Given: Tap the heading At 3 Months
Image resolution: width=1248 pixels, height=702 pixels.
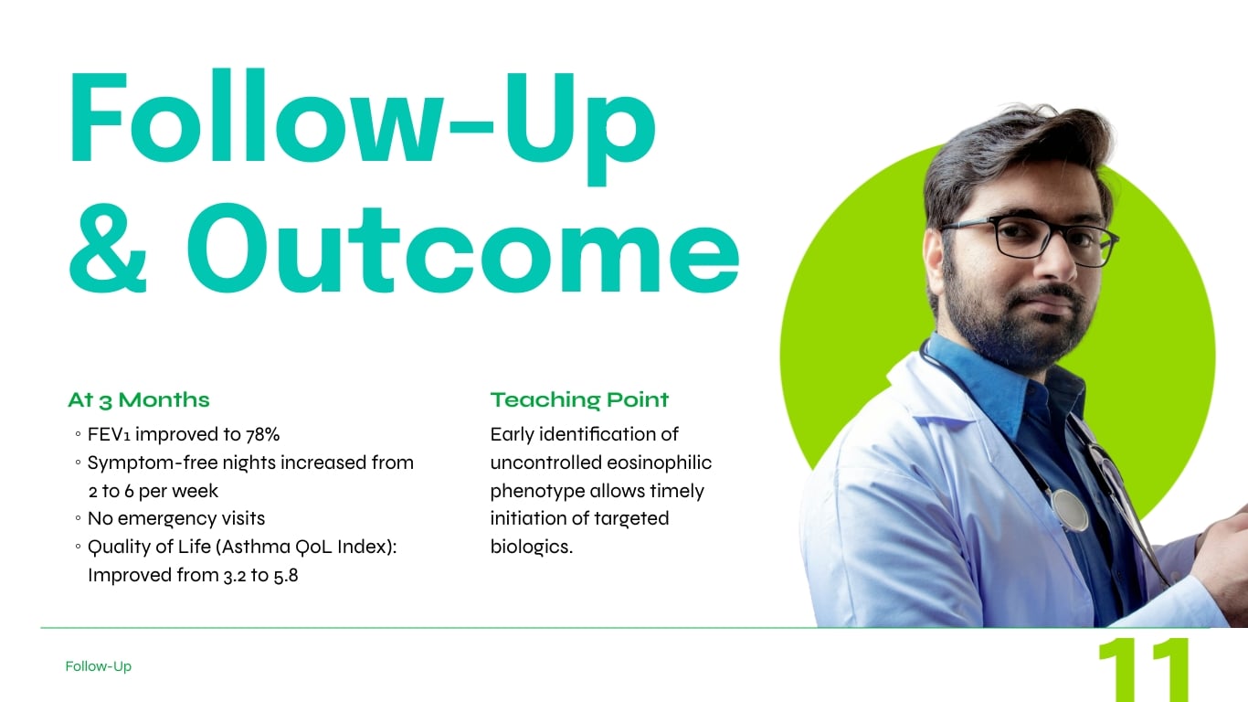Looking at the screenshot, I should pos(138,399).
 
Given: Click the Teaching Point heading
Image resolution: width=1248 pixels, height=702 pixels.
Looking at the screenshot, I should pos(579,399).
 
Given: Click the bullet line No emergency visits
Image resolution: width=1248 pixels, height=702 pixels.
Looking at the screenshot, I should pos(175,518).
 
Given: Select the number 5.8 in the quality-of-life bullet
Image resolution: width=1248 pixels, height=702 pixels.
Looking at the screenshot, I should pos(285,576).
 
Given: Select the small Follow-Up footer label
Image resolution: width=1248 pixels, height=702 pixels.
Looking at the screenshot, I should pos(98,666).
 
